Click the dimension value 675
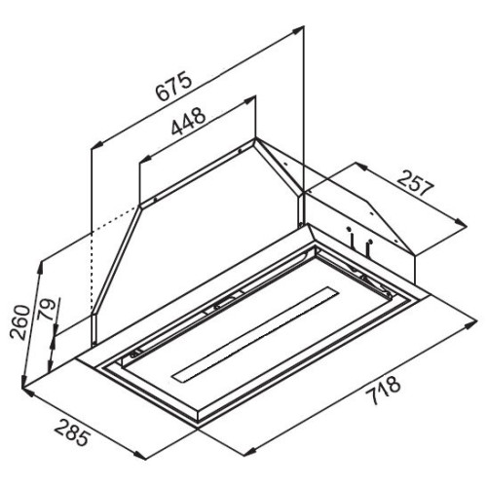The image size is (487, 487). coord(172,86)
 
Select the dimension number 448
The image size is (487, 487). coord(188,121)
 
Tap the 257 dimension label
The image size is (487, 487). coord(416,184)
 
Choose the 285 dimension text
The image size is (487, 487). coord(72,432)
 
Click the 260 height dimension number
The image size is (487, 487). coord(19,322)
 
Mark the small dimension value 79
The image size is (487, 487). coord(46,310)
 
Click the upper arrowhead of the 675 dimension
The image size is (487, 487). coord(298,30)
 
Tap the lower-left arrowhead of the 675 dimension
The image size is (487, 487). coord(96,145)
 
